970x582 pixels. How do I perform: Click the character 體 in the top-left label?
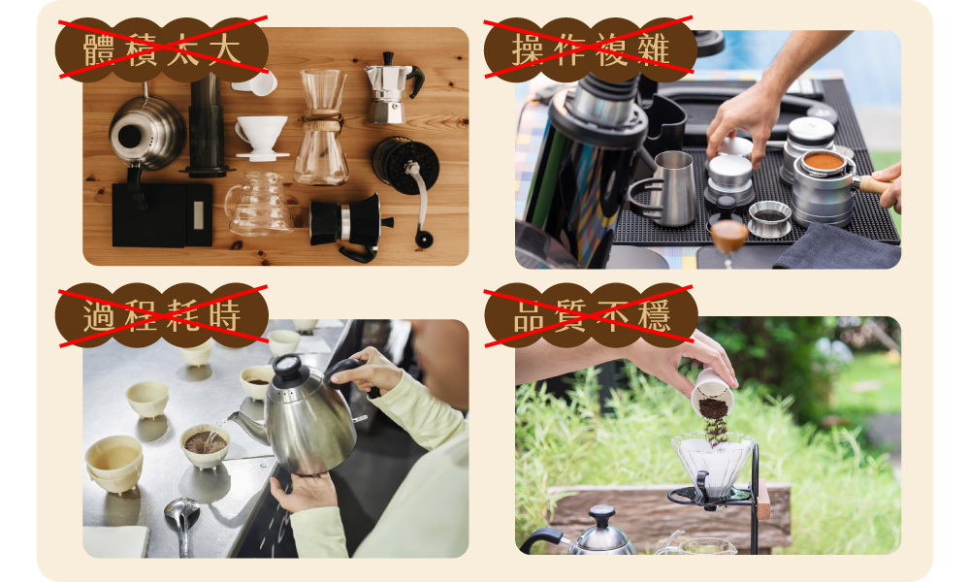coord(98,50)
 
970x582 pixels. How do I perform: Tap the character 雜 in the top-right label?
coord(655,50)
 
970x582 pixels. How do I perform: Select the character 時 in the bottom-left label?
coord(225,314)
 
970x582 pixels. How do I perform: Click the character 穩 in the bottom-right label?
coord(655,314)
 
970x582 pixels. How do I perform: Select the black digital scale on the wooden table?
coord(162,214)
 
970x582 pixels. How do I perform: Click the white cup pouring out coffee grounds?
coord(713,394)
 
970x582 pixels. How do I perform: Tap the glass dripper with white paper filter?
coord(713,463)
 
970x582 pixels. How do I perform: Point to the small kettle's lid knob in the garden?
coord(601,513)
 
